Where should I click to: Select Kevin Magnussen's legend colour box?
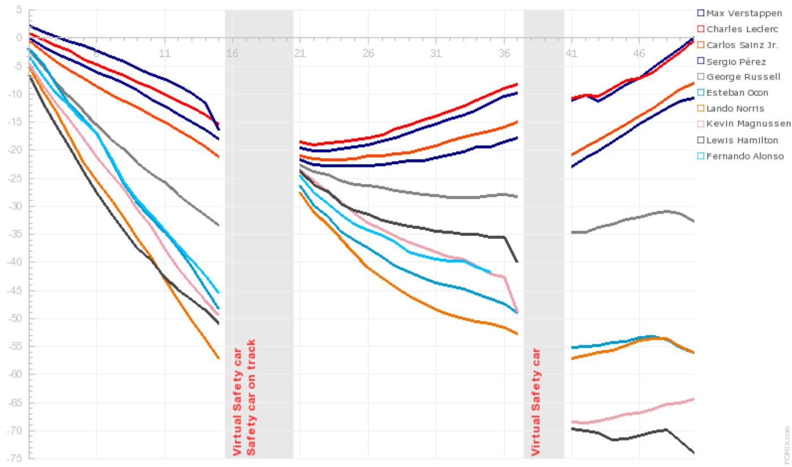(700, 124)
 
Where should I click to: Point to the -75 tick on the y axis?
(11, 458)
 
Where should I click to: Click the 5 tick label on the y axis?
(19, 10)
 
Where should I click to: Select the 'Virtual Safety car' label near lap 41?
(536, 402)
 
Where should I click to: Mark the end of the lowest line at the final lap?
(693, 452)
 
